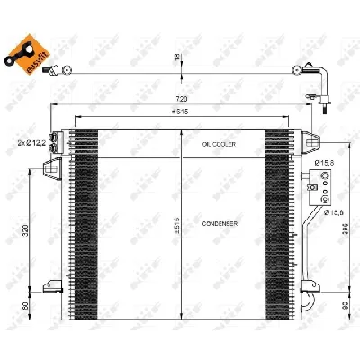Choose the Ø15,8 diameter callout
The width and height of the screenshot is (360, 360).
[327, 213]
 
